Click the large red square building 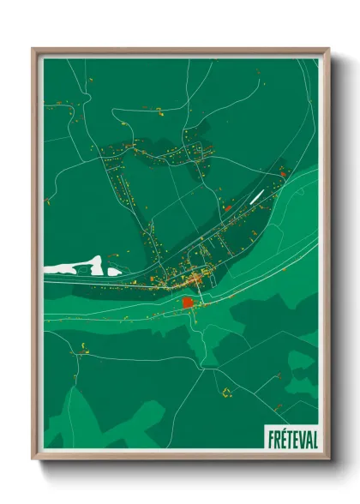189,303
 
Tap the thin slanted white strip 258,196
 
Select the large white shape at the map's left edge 74,265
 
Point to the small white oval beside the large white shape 113,271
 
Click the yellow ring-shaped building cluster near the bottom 227,393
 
